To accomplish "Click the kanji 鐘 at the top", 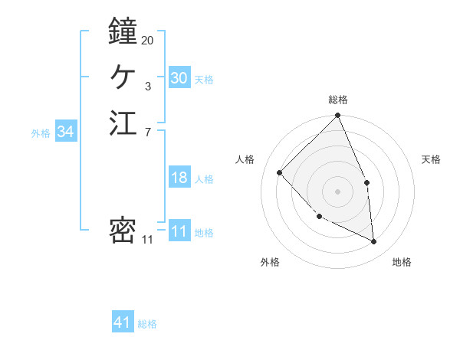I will (x=123, y=31).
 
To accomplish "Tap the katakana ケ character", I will (x=123, y=77).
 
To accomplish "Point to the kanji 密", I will (x=123, y=231).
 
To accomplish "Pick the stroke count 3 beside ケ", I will (x=147, y=87).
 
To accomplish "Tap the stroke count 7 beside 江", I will (x=147, y=133).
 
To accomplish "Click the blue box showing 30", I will (x=179, y=78).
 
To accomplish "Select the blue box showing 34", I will (x=66, y=133).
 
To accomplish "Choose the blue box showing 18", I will (x=179, y=178).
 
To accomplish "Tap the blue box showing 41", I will (x=123, y=323).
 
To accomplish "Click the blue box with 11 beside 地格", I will (x=179, y=232).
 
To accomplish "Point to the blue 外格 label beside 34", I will (x=41, y=133).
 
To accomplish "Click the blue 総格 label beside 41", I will (x=147, y=324).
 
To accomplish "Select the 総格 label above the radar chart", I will (x=337, y=100).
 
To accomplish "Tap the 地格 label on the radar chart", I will (x=402, y=263).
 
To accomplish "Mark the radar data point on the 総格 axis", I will (x=337, y=116).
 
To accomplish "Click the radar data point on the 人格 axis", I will (x=280, y=172).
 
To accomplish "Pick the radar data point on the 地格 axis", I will (x=373, y=241).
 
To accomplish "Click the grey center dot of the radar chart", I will (x=337, y=191).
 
